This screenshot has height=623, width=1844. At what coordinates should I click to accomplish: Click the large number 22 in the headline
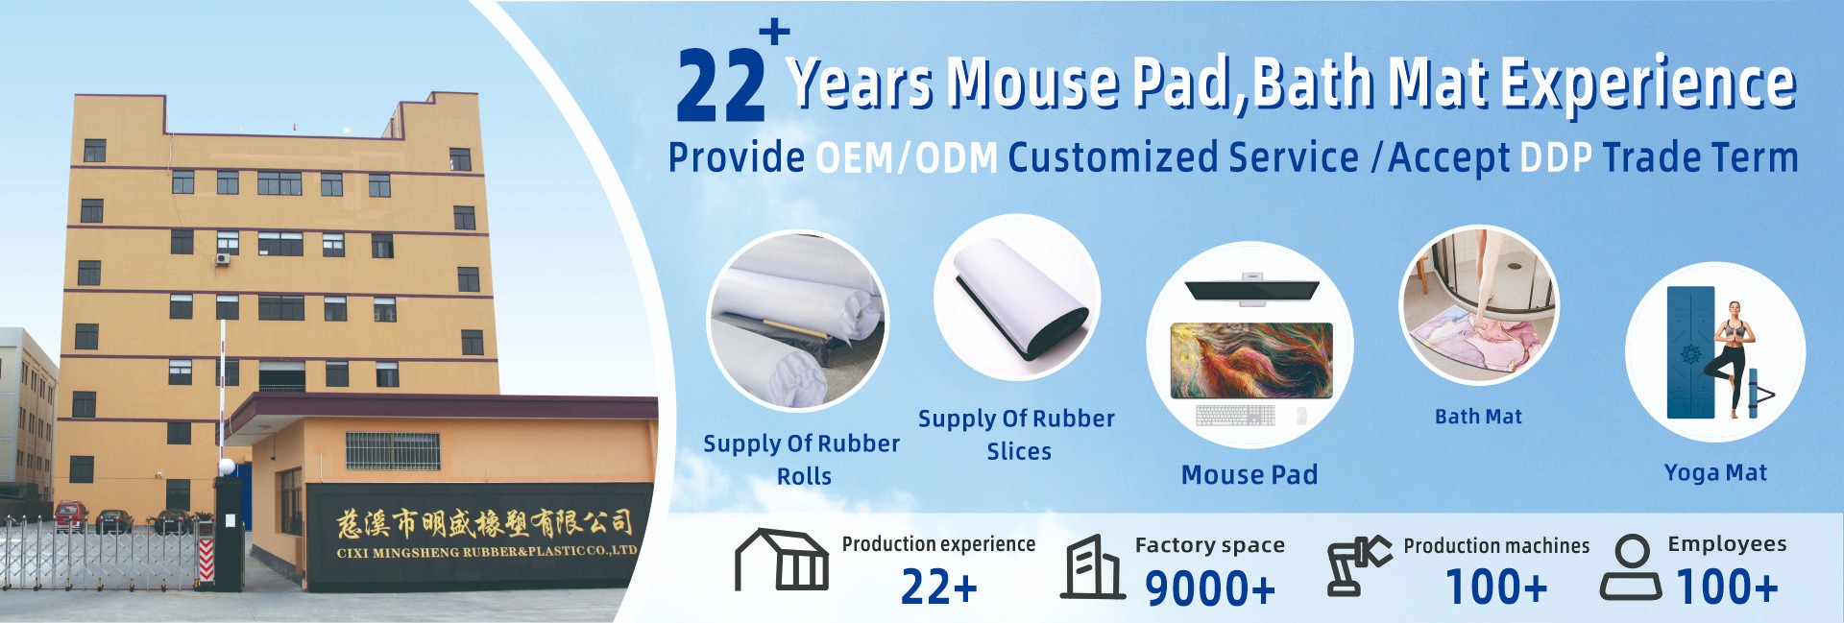point(720,85)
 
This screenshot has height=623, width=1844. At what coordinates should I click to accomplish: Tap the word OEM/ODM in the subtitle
point(907,158)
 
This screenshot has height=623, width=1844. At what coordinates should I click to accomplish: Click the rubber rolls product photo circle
point(797,321)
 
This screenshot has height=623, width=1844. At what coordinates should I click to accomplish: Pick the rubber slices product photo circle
point(1017,298)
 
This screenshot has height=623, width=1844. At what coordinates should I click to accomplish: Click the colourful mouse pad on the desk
point(1251,360)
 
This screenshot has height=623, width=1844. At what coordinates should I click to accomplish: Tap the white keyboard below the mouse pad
point(1235,416)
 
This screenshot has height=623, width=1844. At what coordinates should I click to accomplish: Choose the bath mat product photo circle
point(1479,305)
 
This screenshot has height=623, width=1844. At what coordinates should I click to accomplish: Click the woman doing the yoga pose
point(1734,358)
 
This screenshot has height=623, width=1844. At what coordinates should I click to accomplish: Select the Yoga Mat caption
point(1715,473)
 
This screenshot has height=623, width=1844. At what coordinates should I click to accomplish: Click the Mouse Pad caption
point(1250,475)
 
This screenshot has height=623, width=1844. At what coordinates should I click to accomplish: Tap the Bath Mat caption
point(1478,417)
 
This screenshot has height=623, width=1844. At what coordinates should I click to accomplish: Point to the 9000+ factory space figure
point(1210,588)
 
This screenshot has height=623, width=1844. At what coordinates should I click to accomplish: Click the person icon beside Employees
point(1631,568)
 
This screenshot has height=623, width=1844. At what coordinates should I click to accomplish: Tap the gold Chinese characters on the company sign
point(484,523)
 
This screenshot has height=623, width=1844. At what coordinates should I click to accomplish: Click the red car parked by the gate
point(70,515)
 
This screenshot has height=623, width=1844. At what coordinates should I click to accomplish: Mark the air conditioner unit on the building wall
point(223,258)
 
